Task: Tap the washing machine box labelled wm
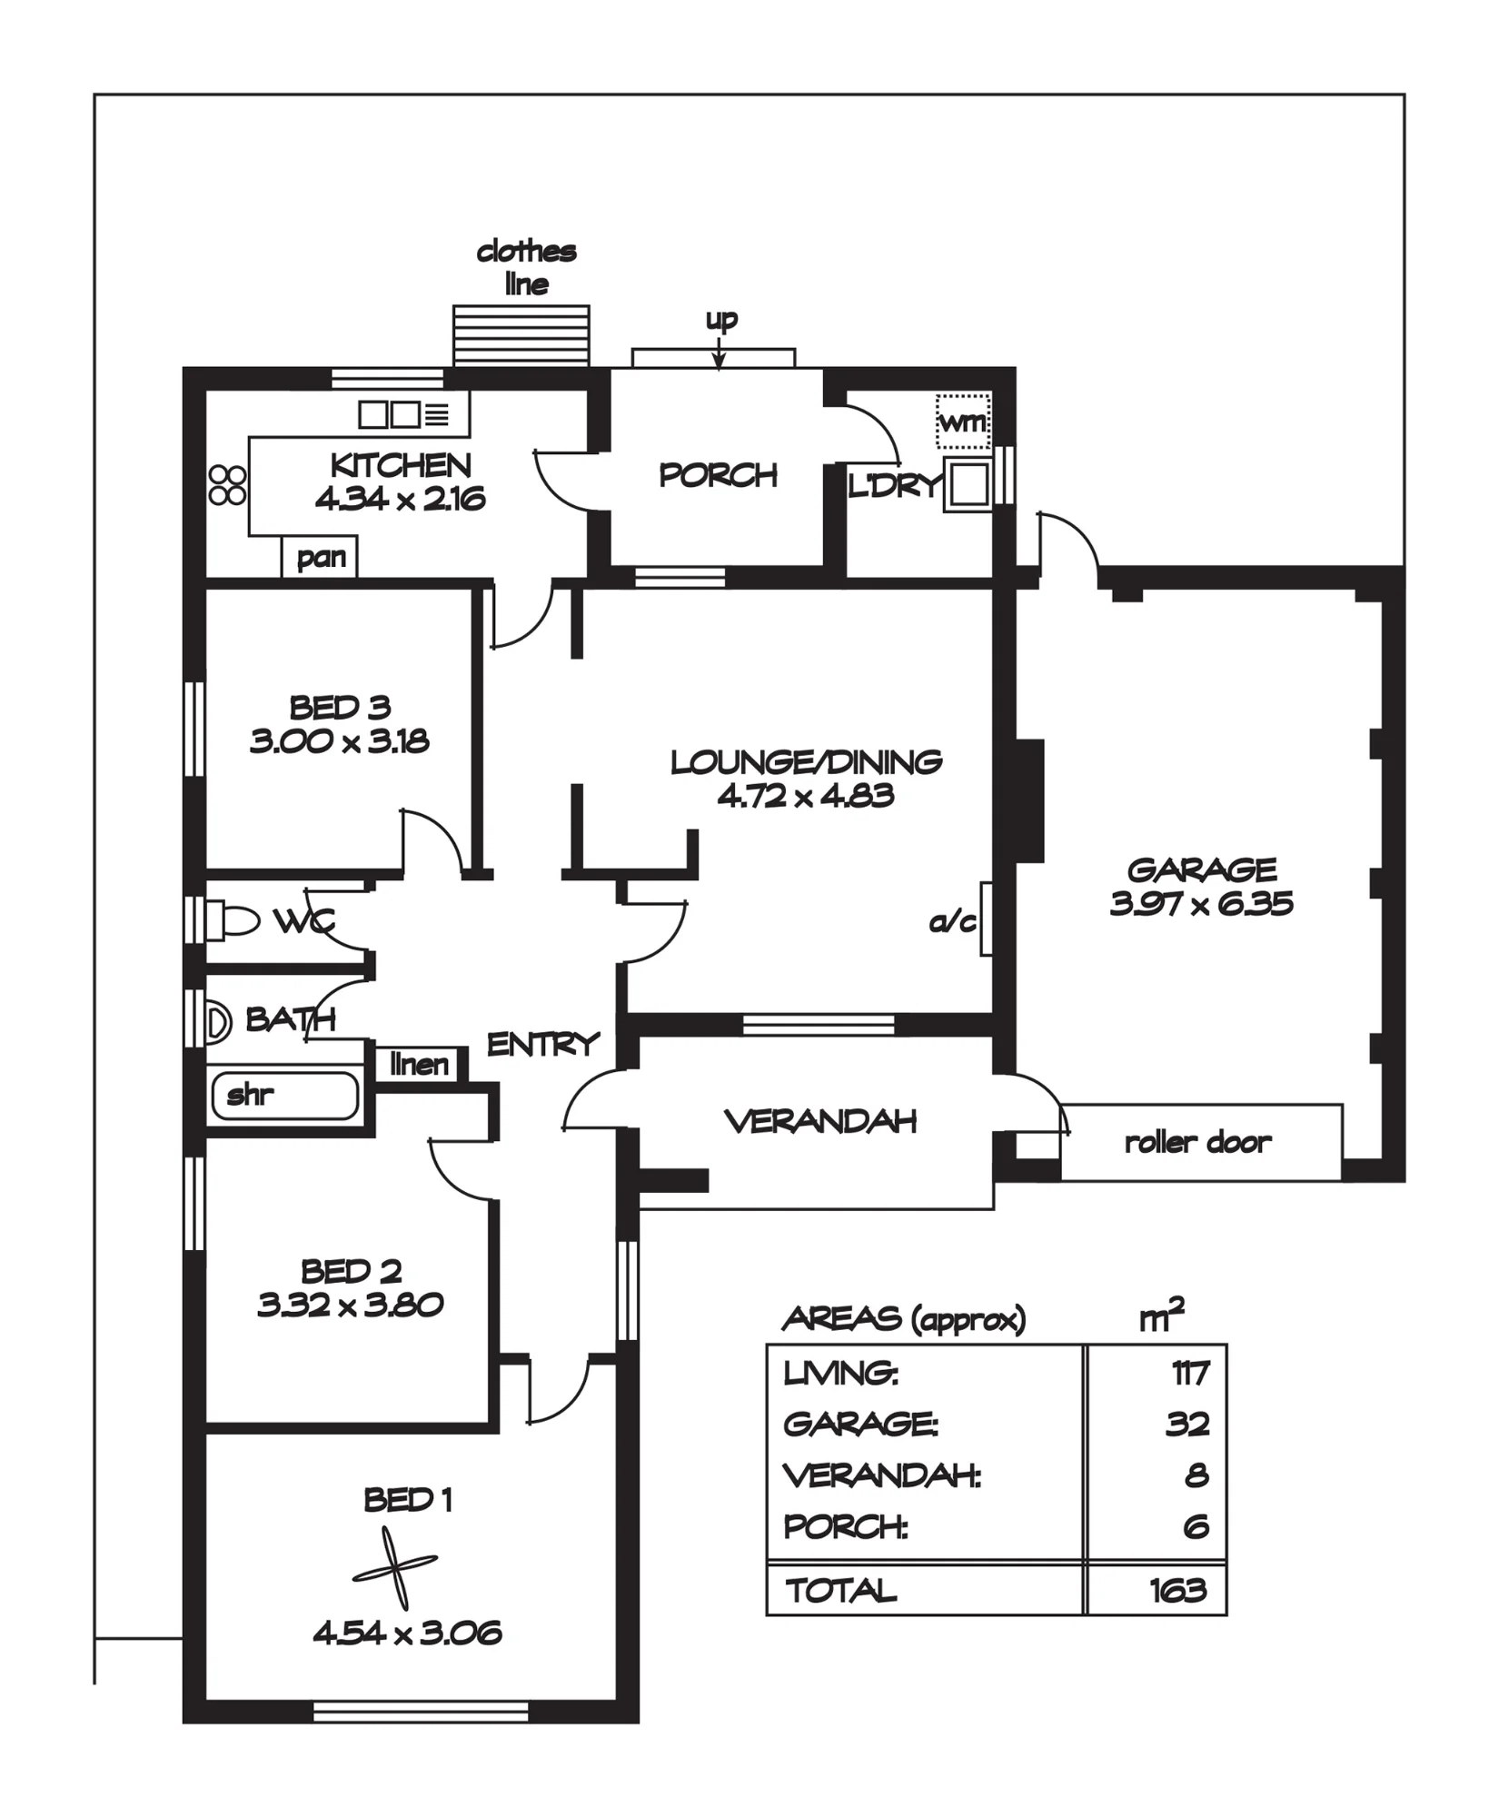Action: [963, 421]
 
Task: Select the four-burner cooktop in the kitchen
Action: [227, 485]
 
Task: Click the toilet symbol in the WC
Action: [231, 919]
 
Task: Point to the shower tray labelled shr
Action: [285, 1096]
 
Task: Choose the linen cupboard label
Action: [419, 1064]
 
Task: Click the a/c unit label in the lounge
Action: [952, 922]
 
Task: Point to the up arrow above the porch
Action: [720, 352]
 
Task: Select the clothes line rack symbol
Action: [521, 335]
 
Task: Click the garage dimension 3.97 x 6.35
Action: [1201, 903]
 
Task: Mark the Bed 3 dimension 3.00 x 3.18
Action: [340, 740]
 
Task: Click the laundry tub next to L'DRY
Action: [968, 484]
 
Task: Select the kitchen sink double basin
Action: [389, 414]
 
